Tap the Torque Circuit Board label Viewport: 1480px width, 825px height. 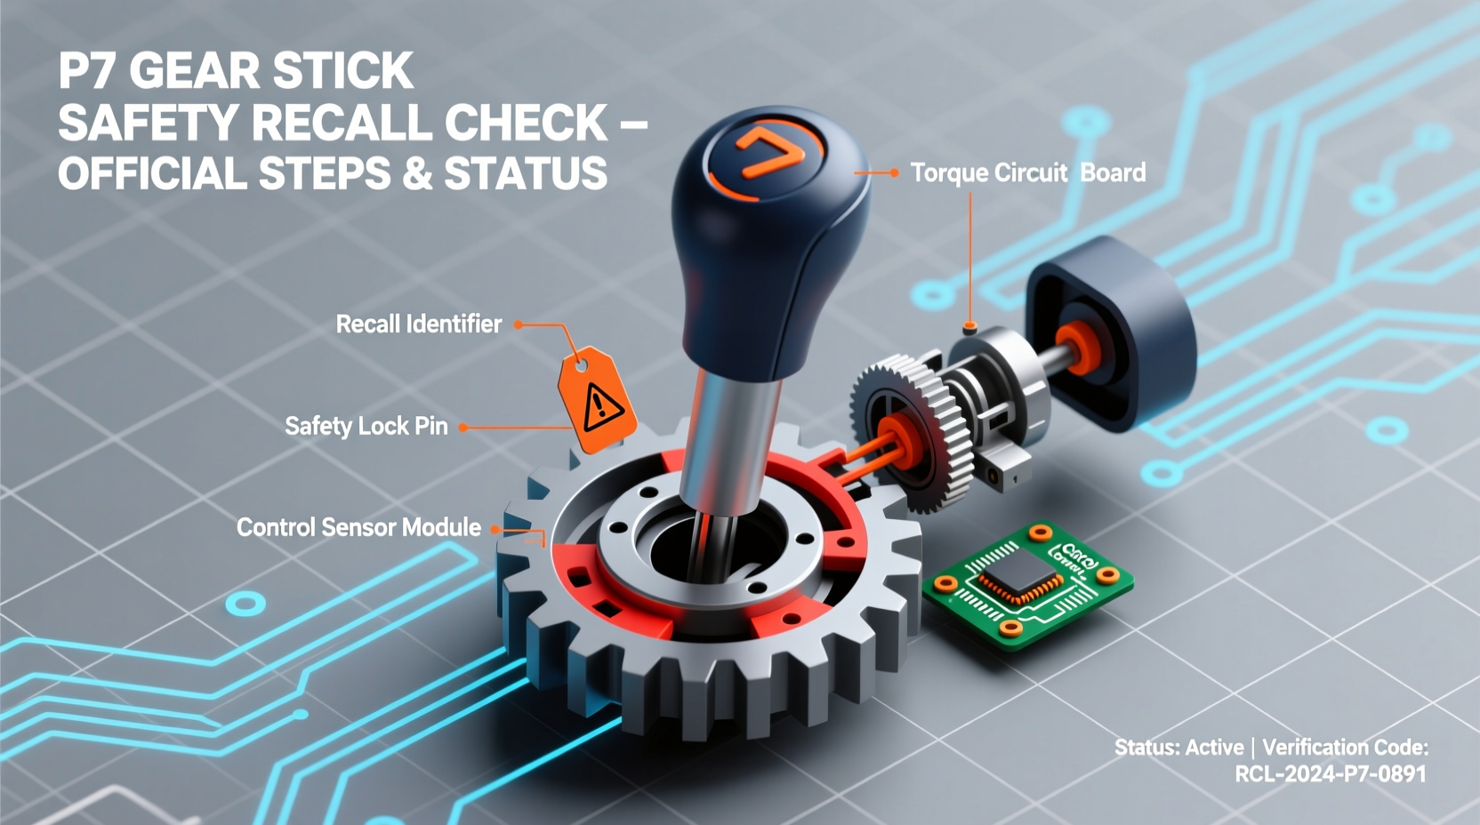(1027, 172)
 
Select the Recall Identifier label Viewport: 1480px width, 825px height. (418, 324)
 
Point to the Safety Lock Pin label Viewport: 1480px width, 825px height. (366, 426)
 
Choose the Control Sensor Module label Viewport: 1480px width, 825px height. (358, 527)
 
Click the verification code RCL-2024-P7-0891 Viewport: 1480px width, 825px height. (1330, 774)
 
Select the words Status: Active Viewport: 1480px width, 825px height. (1178, 748)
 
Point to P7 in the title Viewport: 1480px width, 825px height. (88, 71)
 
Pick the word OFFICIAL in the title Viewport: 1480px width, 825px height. (152, 174)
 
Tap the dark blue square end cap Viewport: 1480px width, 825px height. (1112, 333)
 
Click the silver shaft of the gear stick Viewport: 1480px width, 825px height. (725, 436)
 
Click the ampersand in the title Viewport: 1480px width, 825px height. (417, 174)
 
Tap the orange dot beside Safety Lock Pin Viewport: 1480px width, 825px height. (462, 428)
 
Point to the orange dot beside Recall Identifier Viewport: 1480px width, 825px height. (519, 324)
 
